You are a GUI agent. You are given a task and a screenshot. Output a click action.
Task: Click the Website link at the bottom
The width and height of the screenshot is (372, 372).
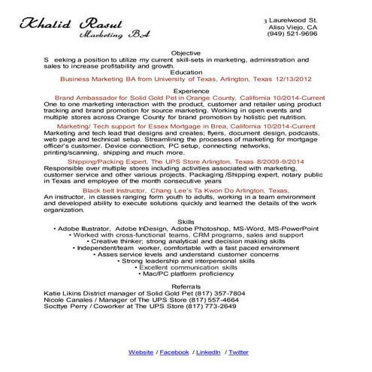tap(141, 352)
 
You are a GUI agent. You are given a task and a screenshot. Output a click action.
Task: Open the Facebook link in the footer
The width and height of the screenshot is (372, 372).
tap(174, 352)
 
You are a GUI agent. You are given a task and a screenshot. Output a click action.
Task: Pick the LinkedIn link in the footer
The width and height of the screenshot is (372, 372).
tap(208, 352)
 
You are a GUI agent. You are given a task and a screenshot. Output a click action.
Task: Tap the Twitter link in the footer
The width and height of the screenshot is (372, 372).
tap(238, 352)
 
